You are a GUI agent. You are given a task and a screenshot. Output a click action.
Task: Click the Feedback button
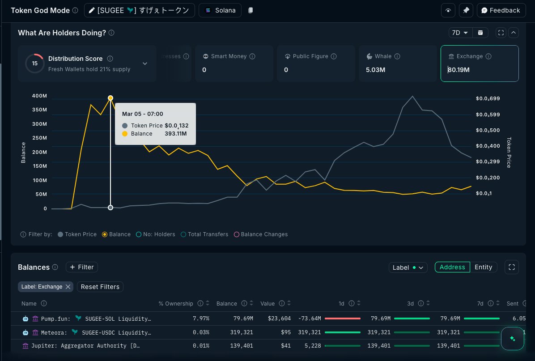tap(501, 10)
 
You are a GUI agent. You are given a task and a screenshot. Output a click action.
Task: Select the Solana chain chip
tap(220, 10)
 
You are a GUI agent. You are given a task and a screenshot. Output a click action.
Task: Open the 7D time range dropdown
tap(460, 33)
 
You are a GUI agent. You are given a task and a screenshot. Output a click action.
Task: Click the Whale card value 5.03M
tap(375, 70)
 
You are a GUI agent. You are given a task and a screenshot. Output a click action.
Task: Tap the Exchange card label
tap(469, 56)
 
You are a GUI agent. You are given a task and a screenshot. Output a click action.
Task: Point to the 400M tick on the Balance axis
tap(39, 96)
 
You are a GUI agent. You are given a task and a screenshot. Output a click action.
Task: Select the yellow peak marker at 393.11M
tap(110, 98)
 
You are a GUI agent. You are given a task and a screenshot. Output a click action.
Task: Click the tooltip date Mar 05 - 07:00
tap(143, 114)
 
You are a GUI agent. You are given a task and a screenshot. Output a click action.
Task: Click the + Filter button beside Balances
tap(82, 267)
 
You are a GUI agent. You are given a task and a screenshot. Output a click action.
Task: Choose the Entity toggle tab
tap(483, 267)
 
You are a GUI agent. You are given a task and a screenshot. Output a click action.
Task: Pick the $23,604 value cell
tap(280, 319)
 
